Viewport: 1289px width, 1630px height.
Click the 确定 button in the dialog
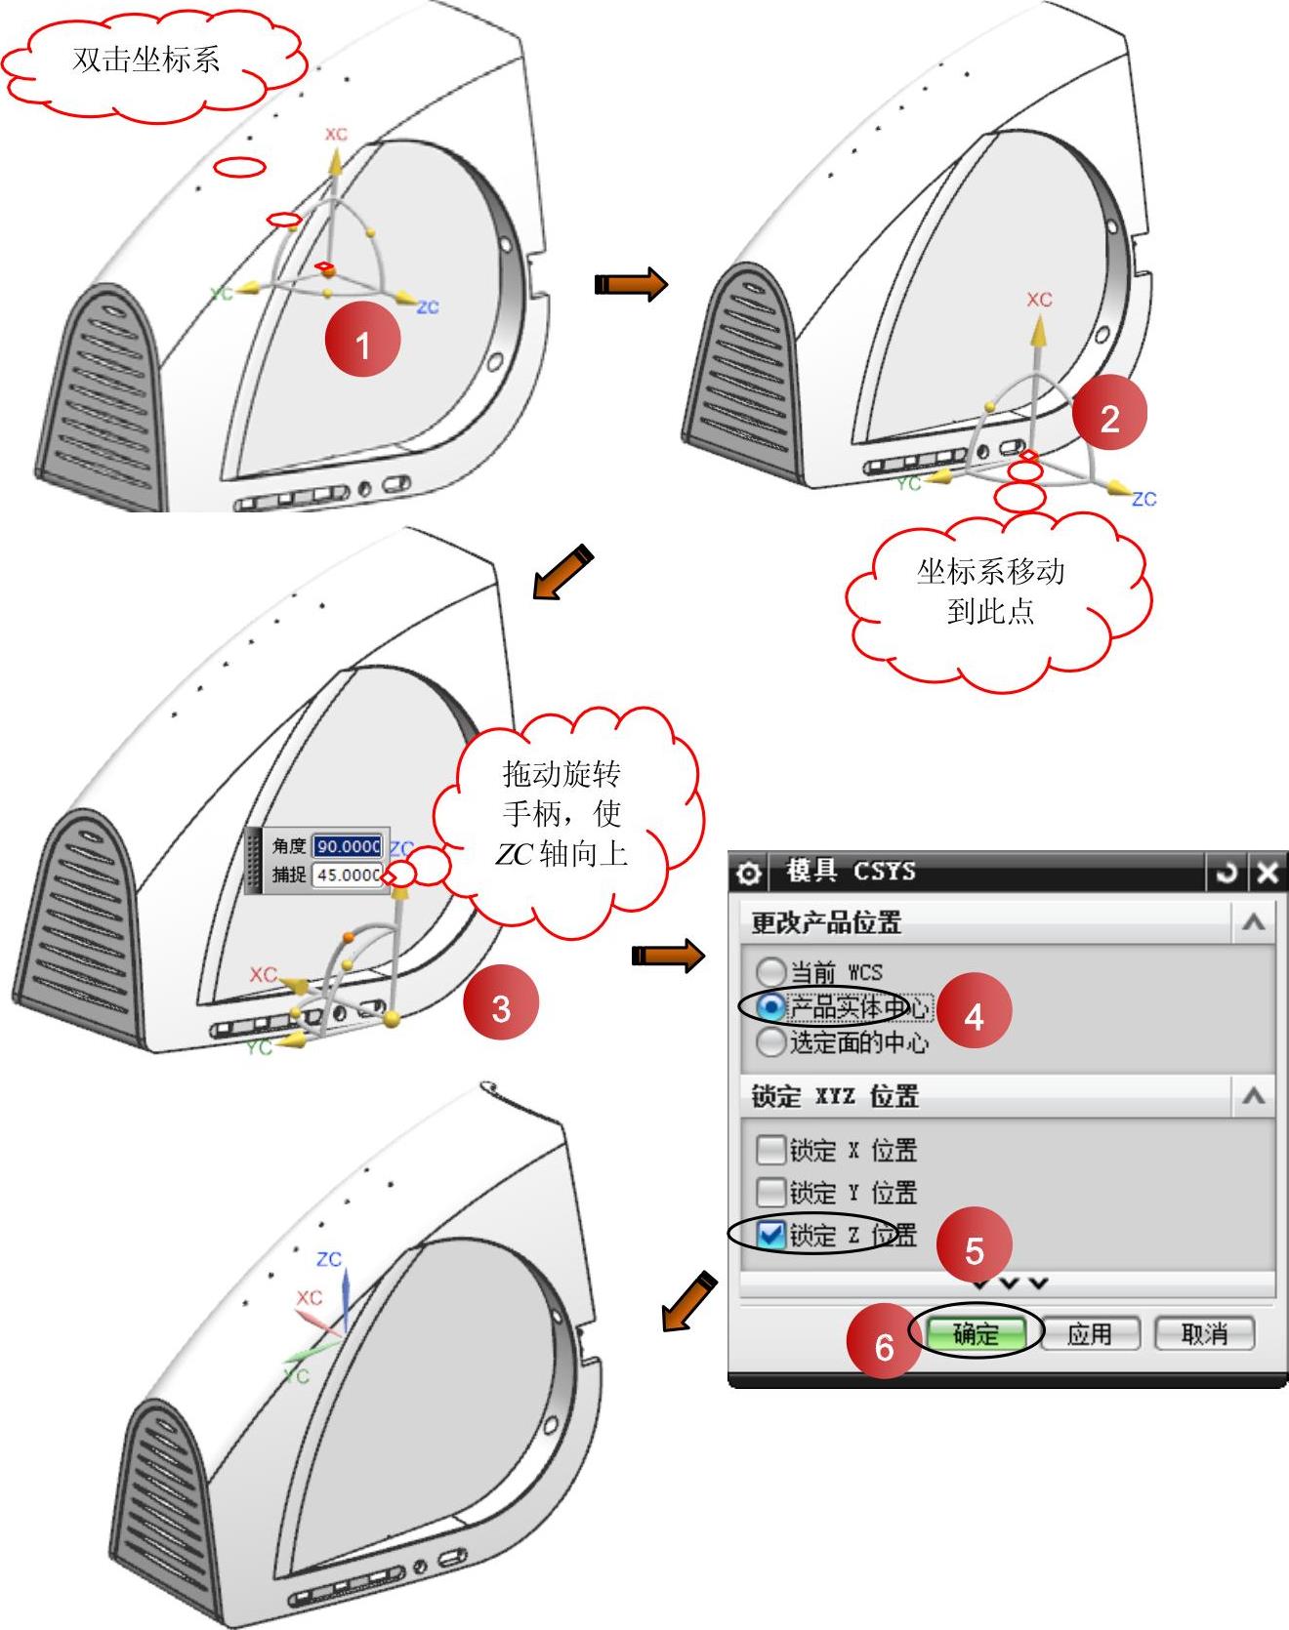(x=976, y=1333)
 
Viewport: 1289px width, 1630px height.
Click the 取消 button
(x=1204, y=1333)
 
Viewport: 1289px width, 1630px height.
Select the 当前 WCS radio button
(x=770, y=972)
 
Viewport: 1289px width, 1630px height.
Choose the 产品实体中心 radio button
(x=770, y=1007)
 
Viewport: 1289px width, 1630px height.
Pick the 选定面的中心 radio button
(x=770, y=1042)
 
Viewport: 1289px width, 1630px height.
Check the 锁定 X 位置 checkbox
(x=770, y=1150)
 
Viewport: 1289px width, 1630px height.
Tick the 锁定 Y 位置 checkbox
(x=770, y=1192)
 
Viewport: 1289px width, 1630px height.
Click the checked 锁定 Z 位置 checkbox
(x=770, y=1235)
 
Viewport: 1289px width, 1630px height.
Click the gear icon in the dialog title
(x=749, y=872)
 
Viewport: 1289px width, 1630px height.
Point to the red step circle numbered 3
(x=501, y=1007)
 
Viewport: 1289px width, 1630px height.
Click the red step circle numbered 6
(x=884, y=1346)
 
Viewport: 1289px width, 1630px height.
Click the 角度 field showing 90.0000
(x=347, y=846)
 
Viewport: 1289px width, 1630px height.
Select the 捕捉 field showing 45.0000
(x=347, y=875)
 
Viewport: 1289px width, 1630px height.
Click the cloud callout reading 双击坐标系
(x=146, y=61)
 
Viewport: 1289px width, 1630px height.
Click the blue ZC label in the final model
(x=329, y=1258)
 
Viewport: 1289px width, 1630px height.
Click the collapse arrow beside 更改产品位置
(x=1253, y=922)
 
